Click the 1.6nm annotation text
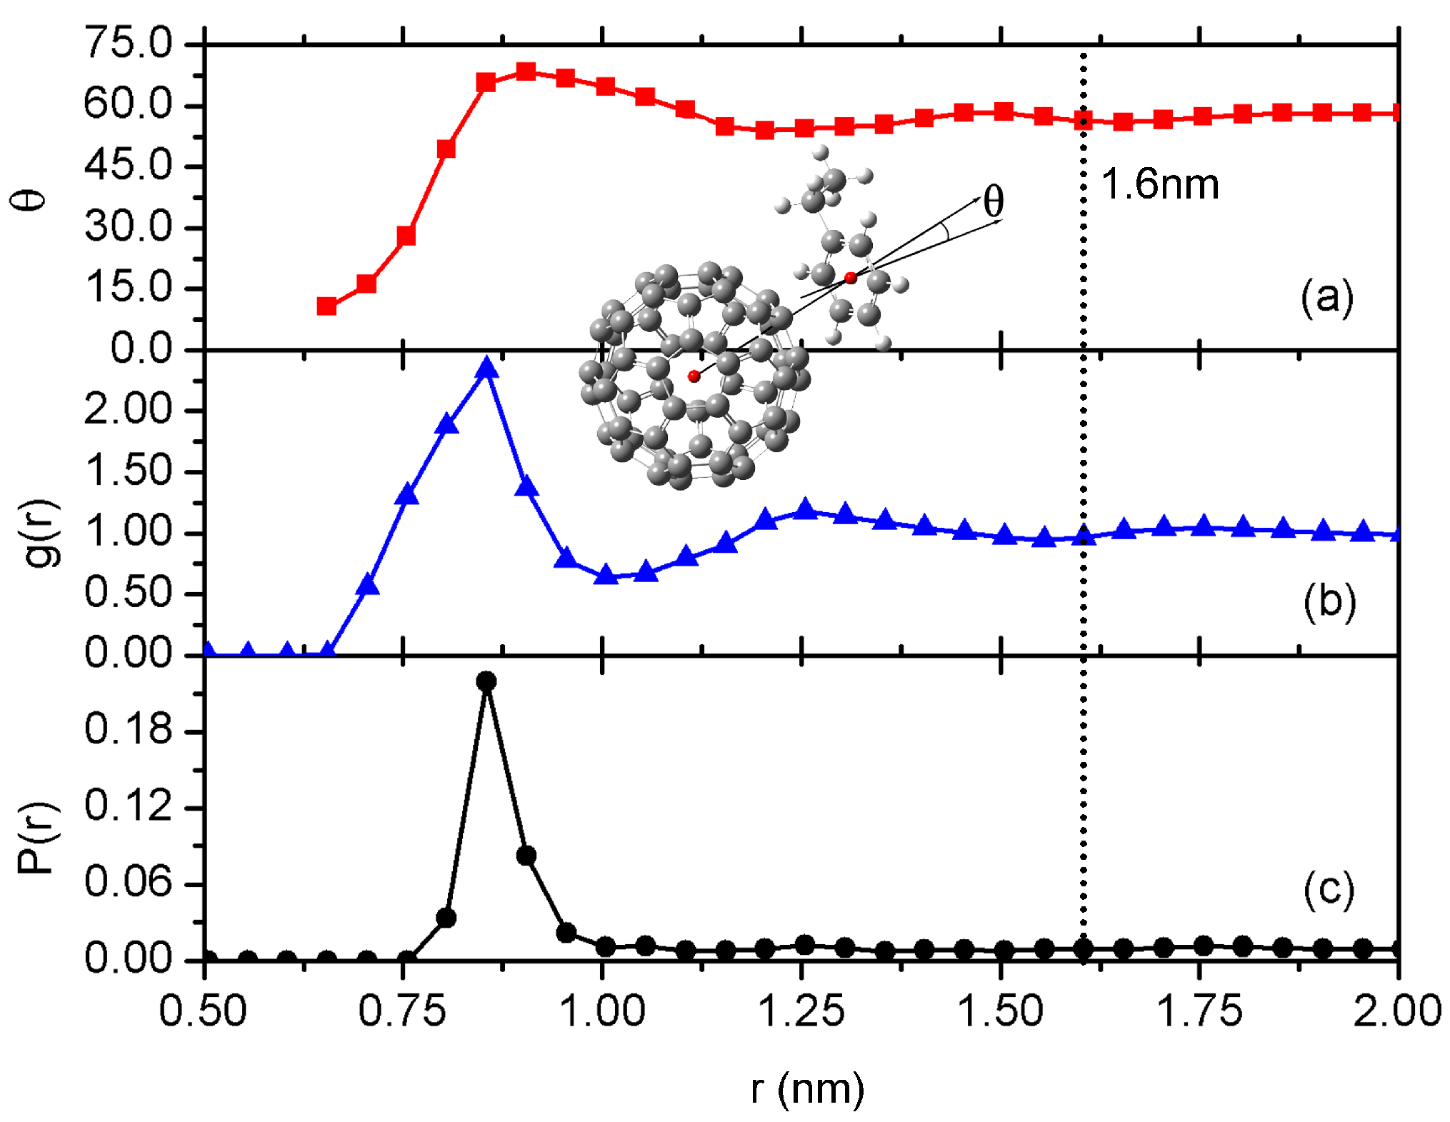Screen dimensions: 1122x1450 point(1159,184)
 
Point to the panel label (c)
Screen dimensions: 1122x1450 point(1328,889)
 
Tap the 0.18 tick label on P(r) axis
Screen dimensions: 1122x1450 point(129,729)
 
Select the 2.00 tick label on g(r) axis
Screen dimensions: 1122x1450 point(129,410)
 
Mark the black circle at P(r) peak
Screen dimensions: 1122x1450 point(486,681)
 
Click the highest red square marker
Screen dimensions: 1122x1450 point(526,71)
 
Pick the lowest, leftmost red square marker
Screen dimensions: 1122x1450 point(327,306)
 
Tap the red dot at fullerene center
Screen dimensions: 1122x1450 point(694,376)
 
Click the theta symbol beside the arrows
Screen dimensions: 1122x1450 point(994,201)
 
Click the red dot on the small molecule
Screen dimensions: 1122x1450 point(850,278)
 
